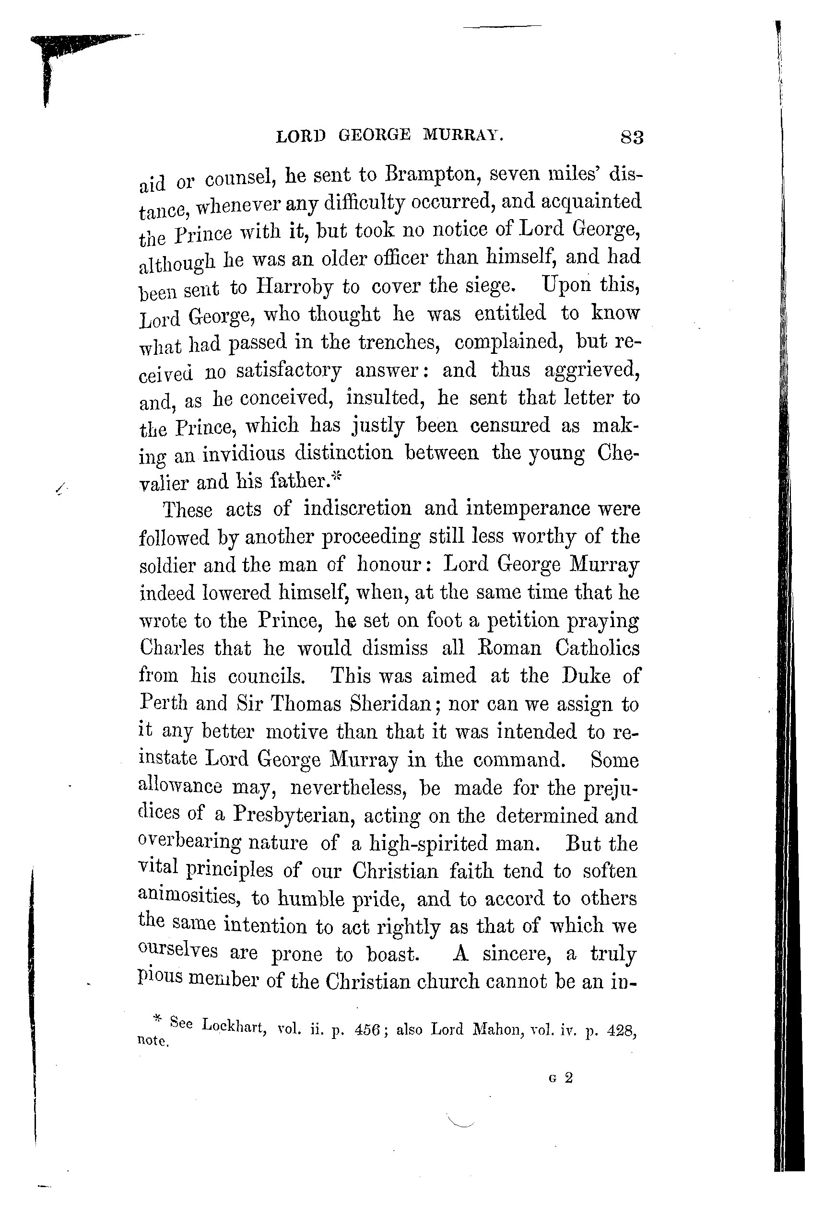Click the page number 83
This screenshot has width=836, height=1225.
tap(632, 138)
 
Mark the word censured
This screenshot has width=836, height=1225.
tap(509, 425)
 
